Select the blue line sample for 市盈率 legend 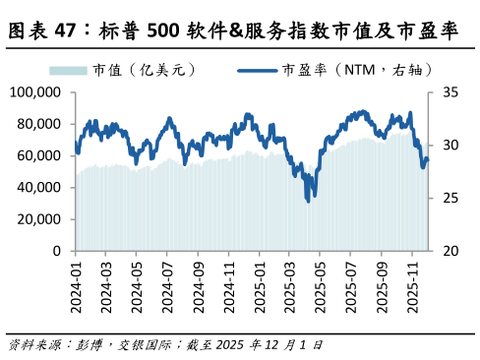tap(258, 71)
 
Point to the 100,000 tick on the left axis tap(35, 92)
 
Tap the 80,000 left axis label tap(39, 124)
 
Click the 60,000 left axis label tap(39, 155)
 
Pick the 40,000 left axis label tap(39, 187)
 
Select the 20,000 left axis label tap(39, 219)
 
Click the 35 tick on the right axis tap(450, 92)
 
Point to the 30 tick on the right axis tap(450, 146)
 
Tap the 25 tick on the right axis tap(450, 198)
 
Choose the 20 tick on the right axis tap(450, 251)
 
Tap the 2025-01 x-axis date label tap(261, 281)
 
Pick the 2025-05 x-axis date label tap(322, 281)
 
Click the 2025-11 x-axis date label tap(414, 281)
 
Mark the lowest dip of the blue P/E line tap(308, 200)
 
